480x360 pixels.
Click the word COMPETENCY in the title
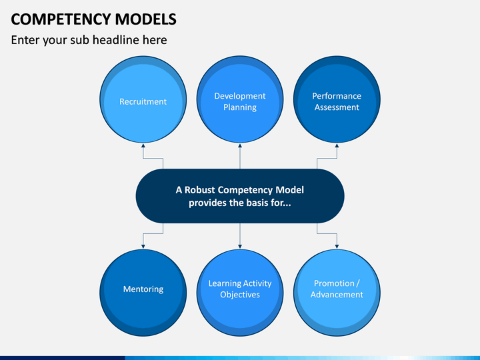point(61,19)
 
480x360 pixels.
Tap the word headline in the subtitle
point(116,40)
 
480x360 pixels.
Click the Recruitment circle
point(143,99)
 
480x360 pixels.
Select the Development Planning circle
point(240,99)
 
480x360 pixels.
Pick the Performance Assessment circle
point(337,99)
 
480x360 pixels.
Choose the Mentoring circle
point(143,293)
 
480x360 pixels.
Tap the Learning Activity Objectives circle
point(240,293)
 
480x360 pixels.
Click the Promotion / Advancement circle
point(337,293)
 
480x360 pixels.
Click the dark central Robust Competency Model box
point(240,196)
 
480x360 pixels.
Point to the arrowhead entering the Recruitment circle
point(143,146)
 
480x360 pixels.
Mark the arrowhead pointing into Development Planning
point(240,146)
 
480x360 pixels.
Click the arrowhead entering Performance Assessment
point(337,146)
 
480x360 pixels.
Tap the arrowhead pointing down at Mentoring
point(143,246)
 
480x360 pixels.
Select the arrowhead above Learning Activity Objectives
point(240,246)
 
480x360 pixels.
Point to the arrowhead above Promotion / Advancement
point(337,246)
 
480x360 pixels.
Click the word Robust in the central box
point(199,190)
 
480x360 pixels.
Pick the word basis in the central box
point(257,203)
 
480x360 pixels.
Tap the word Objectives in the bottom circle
point(240,295)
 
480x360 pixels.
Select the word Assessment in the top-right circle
point(337,107)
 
